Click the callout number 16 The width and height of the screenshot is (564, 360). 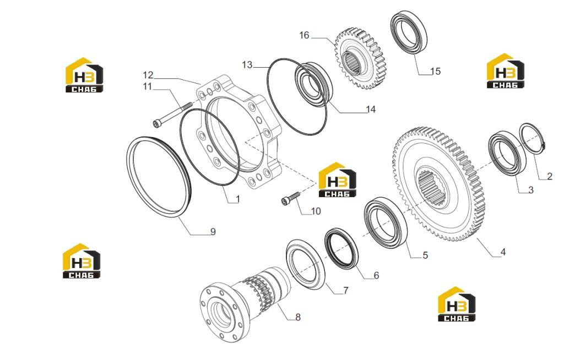pyautogui.click(x=304, y=35)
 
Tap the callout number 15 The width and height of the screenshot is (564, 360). pyautogui.click(x=435, y=71)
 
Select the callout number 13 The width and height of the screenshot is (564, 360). pyautogui.click(x=247, y=65)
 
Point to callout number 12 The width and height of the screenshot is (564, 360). pyautogui.click(x=148, y=75)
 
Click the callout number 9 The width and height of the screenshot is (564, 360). pyautogui.click(x=213, y=232)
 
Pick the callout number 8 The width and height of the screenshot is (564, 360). pyautogui.click(x=298, y=317)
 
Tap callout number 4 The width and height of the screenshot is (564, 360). pyautogui.click(x=503, y=252)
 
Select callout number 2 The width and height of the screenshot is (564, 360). pyautogui.click(x=549, y=176)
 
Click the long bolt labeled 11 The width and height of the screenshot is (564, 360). pyautogui.click(x=172, y=114)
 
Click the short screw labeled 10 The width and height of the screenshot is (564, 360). pyautogui.click(x=290, y=198)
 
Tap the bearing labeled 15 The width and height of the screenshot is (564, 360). pyautogui.click(x=409, y=32)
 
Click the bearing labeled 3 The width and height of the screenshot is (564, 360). pyautogui.click(x=507, y=154)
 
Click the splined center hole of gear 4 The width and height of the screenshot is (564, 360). pyautogui.click(x=432, y=189)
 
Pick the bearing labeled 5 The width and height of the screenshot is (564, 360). pyautogui.click(x=386, y=222)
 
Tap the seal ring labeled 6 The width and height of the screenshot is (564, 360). pyautogui.click(x=341, y=248)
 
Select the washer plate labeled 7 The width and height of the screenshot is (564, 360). pyautogui.click(x=305, y=264)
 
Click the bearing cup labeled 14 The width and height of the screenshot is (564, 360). pyautogui.click(x=313, y=85)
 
